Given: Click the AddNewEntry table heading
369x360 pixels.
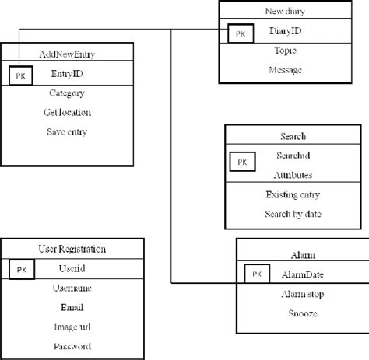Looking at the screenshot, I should (72, 55).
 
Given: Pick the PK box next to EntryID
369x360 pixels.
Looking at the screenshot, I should (19, 75).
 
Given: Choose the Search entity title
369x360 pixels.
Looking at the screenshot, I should (292, 136).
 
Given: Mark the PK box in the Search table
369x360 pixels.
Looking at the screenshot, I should (242, 162).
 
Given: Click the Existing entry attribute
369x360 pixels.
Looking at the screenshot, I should (292, 194).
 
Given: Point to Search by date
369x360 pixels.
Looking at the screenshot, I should (292, 214).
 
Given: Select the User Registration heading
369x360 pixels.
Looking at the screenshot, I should (72, 249).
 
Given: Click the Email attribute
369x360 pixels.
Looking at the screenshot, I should (72, 307).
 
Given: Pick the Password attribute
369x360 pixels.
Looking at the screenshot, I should (72, 346).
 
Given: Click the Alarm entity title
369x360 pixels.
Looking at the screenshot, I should (300, 254).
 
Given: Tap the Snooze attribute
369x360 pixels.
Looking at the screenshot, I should (300, 313).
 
